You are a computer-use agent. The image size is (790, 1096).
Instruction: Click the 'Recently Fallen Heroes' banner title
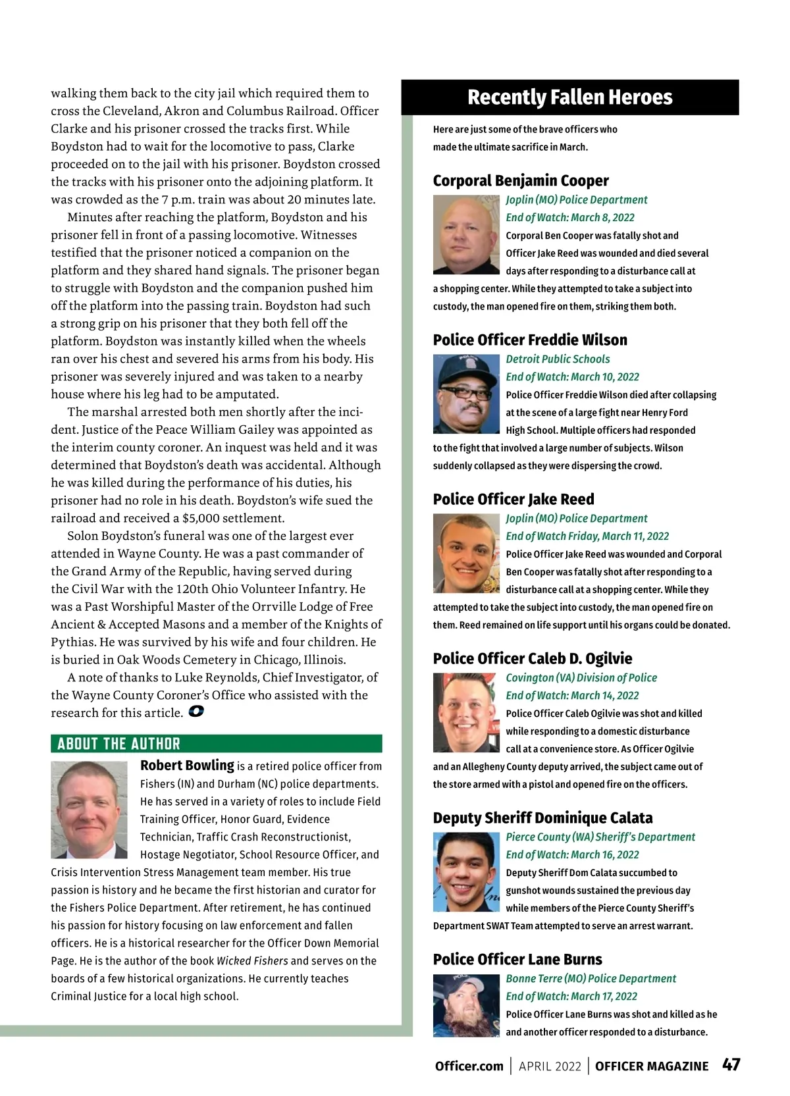click(x=569, y=97)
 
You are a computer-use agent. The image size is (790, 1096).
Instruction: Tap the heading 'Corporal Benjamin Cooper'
click(x=520, y=180)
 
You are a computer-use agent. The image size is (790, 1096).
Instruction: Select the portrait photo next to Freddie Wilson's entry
click(x=466, y=394)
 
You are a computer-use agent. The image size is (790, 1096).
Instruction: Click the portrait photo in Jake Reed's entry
click(x=466, y=554)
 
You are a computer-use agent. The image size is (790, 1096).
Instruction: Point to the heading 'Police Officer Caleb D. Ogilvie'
click(x=532, y=658)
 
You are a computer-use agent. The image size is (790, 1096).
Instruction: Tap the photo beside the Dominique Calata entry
click(x=466, y=872)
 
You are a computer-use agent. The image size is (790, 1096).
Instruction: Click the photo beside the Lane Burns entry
click(x=466, y=1005)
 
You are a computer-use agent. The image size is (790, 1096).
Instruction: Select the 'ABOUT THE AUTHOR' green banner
click(x=216, y=744)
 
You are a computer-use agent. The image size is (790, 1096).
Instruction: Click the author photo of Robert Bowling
click(x=89, y=810)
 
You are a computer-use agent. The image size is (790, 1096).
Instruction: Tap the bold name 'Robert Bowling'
click(x=187, y=766)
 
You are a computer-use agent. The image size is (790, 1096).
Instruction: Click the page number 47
click(x=731, y=1065)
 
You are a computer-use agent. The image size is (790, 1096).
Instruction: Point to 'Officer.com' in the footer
click(x=469, y=1066)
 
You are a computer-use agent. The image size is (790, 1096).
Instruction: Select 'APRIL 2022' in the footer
click(x=550, y=1066)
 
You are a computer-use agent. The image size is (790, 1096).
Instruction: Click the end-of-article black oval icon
click(x=196, y=712)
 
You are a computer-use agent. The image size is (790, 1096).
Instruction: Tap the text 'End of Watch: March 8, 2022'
click(x=570, y=217)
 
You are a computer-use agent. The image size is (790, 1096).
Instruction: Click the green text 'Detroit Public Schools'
click(x=558, y=359)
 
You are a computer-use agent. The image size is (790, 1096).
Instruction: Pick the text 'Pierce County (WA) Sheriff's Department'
click(x=600, y=837)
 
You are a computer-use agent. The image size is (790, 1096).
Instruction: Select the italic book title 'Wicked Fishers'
click(x=252, y=960)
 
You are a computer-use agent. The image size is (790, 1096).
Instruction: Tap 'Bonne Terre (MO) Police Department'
click(x=591, y=978)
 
